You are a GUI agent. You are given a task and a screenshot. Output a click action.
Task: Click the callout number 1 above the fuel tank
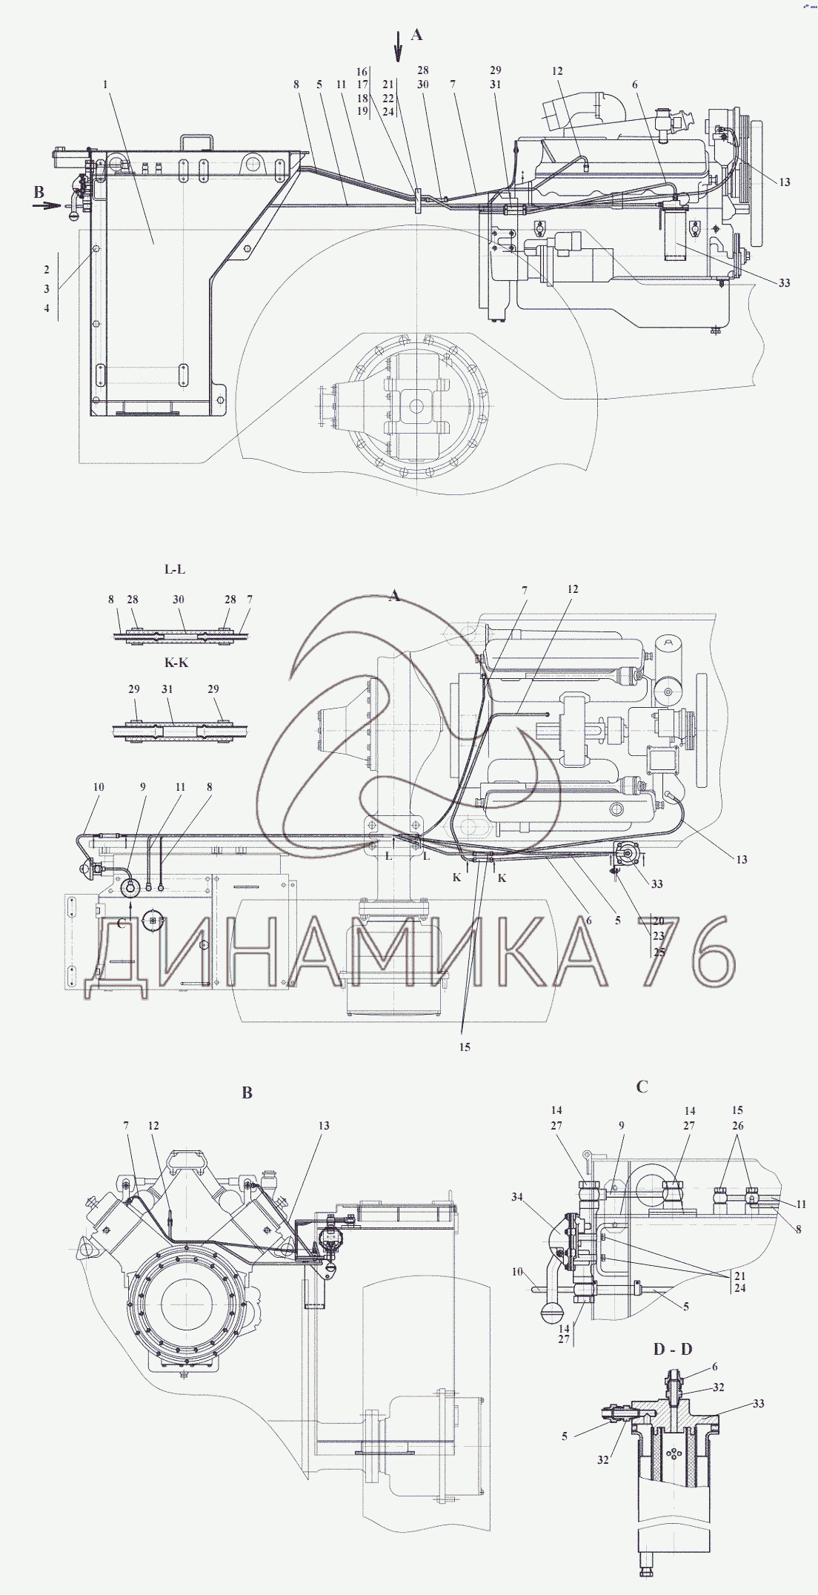(106, 84)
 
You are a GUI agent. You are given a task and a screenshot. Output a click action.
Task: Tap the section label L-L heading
(175, 569)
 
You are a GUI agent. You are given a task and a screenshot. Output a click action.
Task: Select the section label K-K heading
(176, 662)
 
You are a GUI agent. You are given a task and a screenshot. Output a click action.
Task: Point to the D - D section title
(673, 1348)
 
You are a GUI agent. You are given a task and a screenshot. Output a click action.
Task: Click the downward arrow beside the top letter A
(398, 45)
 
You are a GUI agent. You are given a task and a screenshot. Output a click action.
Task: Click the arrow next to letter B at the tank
(50, 206)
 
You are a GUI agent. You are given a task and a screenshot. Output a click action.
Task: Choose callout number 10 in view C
(518, 1272)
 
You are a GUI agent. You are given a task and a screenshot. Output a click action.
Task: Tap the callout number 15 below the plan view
(465, 1047)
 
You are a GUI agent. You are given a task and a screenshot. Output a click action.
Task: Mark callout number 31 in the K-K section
(167, 689)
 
